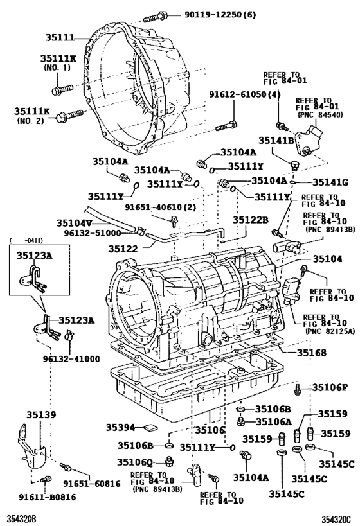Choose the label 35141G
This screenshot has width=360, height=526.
click(330, 182)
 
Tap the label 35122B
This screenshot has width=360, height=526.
click(250, 220)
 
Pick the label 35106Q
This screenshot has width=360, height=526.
click(135, 462)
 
